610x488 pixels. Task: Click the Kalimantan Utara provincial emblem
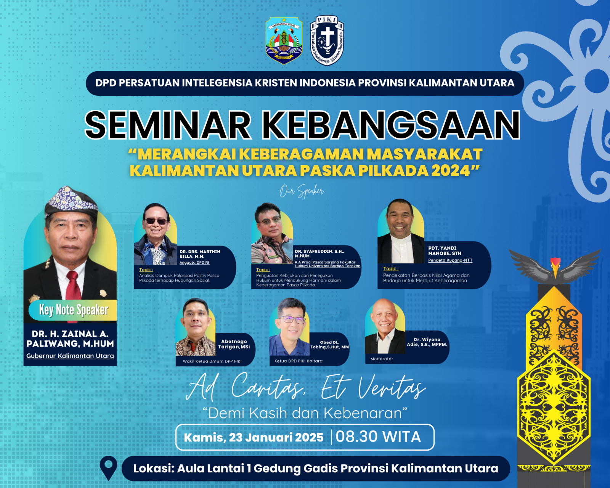point(284,40)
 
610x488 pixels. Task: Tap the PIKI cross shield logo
point(327,40)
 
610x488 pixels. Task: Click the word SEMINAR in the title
point(168,125)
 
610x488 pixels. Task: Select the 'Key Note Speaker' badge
point(73,310)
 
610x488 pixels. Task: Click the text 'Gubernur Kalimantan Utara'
point(70,356)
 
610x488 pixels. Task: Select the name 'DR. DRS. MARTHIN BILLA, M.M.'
point(200,254)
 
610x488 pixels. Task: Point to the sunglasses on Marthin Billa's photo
point(156,221)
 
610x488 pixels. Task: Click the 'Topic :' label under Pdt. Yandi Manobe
point(391,268)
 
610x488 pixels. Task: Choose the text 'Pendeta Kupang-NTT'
point(450,260)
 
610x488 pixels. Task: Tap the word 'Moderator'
point(382,359)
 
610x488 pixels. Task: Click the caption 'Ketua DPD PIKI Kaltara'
point(298,361)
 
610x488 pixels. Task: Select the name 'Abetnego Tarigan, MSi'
point(234,344)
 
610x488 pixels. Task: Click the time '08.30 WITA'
point(378,437)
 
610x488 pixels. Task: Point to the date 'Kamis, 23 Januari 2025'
point(254,438)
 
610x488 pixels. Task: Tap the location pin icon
point(108,468)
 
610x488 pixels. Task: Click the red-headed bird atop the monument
point(555,267)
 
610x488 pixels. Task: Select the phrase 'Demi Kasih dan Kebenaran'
point(305,413)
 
